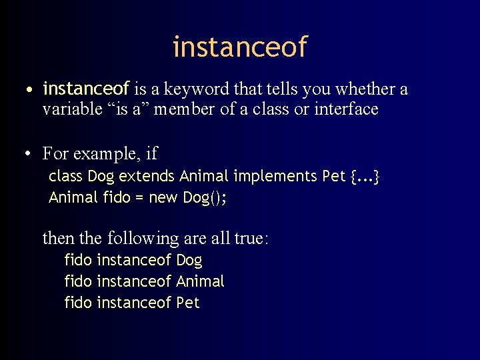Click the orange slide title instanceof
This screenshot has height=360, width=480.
(x=240, y=47)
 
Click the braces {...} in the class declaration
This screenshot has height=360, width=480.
(x=365, y=177)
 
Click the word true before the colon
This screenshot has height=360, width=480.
(x=249, y=238)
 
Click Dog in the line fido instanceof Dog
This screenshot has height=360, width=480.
(x=189, y=260)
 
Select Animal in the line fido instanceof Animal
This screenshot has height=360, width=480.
(x=200, y=281)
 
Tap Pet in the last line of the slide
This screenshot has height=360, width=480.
(x=188, y=303)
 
